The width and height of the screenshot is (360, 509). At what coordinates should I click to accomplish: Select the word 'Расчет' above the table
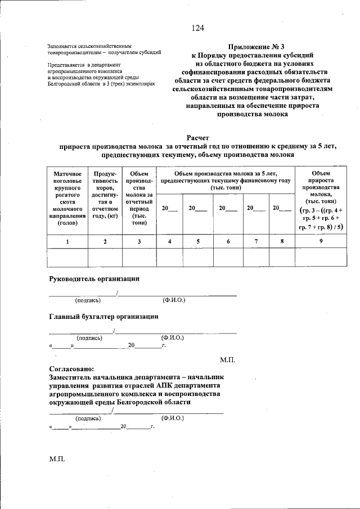[197, 138]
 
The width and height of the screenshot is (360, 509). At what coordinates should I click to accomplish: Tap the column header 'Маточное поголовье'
[67, 199]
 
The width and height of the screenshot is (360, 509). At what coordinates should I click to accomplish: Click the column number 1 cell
[67, 241]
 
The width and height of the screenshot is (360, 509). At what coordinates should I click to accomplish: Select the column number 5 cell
[198, 241]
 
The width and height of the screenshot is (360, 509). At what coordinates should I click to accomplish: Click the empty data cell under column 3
[139, 257]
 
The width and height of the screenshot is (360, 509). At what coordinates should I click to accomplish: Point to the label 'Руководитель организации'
[94, 279]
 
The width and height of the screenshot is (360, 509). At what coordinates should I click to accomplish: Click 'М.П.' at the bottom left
[57, 460]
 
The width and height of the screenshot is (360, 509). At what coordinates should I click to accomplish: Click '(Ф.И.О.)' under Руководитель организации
[174, 300]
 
